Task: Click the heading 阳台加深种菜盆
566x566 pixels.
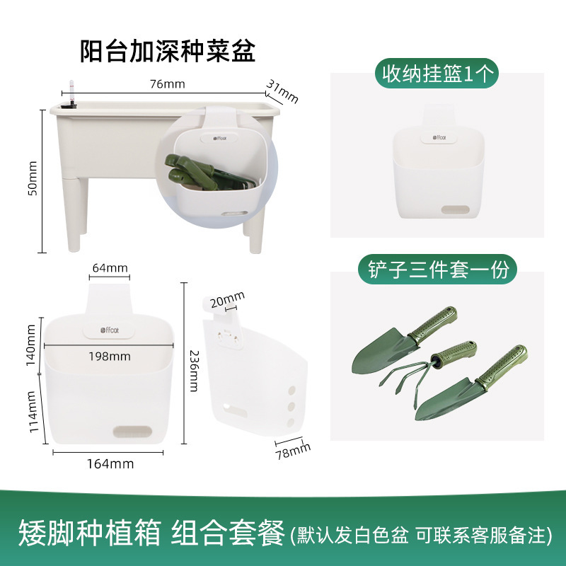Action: click(x=168, y=51)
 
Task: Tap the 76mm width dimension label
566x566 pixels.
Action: click(x=168, y=84)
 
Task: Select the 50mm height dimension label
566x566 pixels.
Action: click(x=33, y=178)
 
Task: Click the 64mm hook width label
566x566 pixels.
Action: click(x=110, y=268)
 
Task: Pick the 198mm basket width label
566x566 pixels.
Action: click(x=110, y=357)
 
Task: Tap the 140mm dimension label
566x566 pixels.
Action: click(x=31, y=345)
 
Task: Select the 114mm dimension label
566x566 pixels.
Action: click(x=33, y=412)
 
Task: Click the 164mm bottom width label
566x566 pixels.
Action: click(x=110, y=464)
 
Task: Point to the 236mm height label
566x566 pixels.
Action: click(x=194, y=371)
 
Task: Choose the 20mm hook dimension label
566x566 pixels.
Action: click(x=227, y=299)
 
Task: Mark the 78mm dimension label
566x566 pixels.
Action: click(x=293, y=451)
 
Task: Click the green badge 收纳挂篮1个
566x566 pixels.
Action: click(x=437, y=74)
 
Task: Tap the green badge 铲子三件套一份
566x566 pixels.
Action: click(x=437, y=270)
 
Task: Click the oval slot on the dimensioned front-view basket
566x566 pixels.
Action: click(x=132, y=432)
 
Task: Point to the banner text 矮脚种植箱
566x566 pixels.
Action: click(x=90, y=533)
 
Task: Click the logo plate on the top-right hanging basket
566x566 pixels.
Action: click(x=439, y=137)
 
